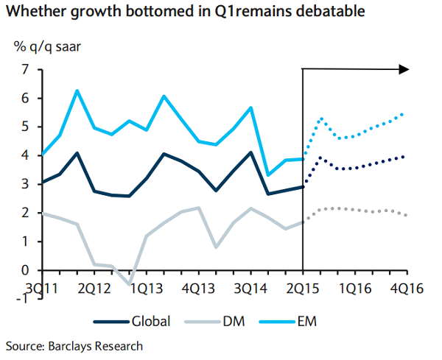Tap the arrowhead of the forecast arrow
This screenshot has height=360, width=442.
tap(404, 69)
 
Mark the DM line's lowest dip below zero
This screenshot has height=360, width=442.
tap(130, 282)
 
